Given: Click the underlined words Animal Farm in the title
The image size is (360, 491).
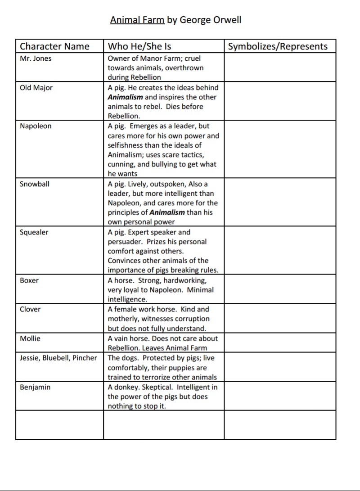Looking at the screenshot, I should [x=137, y=20].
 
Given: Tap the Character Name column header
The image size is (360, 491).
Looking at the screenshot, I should [x=54, y=46].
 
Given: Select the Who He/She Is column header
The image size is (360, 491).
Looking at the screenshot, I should [x=139, y=46].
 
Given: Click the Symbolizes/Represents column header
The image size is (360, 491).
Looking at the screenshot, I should [x=278, y=46].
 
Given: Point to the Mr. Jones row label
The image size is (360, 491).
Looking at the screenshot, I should [x=36, y=59].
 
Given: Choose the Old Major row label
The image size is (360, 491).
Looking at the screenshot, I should [x=36, y=88].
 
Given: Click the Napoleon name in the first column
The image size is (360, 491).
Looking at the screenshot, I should [x=36, y=126].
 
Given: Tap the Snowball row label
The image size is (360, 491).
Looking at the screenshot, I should [x=35, y=184].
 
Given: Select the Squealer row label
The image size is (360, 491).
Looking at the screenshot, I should [x=34, y=232].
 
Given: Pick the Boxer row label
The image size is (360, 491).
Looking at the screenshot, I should [x=29, y=280].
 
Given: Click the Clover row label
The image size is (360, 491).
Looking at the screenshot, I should [x=30, y=309].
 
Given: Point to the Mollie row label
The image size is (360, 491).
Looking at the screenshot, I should [x=30, y=338].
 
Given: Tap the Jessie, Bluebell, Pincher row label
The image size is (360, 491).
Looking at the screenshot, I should [x=58, y=358].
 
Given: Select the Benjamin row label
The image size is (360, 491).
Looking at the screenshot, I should [x=35, y=387].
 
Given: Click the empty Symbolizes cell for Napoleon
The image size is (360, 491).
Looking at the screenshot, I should [x=280, y=149].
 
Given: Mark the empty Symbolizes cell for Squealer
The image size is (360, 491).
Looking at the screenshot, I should [x=280, y=250].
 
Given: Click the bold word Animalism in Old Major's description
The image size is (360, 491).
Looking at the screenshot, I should [x=125, y=97].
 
